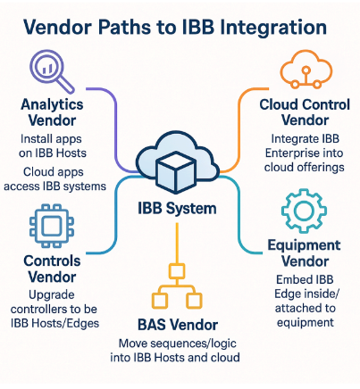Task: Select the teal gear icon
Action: coord(304,211)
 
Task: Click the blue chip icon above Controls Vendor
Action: coord(52,226)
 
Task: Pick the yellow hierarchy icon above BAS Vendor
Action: coord(177,286)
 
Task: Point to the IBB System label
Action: coord(177,209)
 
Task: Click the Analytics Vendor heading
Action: coord(52,112)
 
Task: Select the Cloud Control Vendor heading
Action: coord(305,112)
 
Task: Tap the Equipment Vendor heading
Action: coord(304,253)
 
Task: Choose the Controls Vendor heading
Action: coord(52,269)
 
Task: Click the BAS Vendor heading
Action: coord(178,325)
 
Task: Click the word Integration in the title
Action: coord(253,28)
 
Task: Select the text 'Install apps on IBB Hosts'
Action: coord(53,146)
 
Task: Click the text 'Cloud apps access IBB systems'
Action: coord(54,179)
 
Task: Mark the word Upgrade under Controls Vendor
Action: coord(52,295)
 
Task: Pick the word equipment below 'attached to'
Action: coord(306,323)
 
